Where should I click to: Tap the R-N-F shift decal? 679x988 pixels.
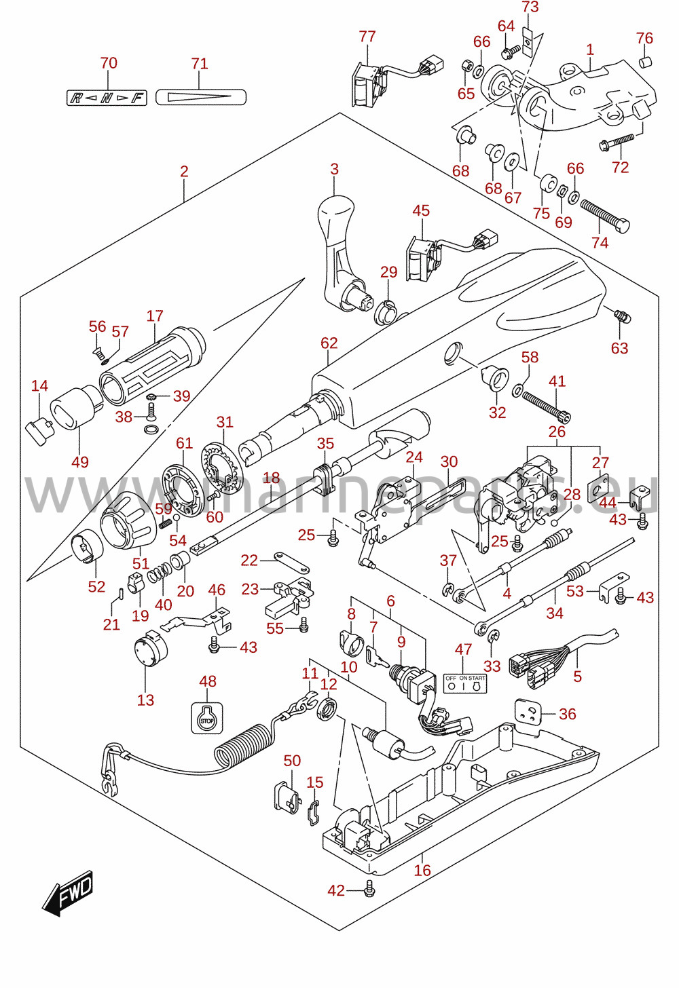(107, 98)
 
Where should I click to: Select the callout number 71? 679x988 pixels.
(200, 64)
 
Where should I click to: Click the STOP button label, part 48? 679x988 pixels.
(206, 718)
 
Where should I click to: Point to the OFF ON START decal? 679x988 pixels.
(465, 684)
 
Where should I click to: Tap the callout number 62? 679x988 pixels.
(329, 343)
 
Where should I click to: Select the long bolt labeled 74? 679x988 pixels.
(604, 216)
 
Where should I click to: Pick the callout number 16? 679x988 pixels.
(422, 870)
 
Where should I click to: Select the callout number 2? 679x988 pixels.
(184, 171)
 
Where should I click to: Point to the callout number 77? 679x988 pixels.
(367, 37)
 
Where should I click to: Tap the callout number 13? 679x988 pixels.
(146, 700)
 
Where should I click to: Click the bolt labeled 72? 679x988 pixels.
(617, 141)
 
